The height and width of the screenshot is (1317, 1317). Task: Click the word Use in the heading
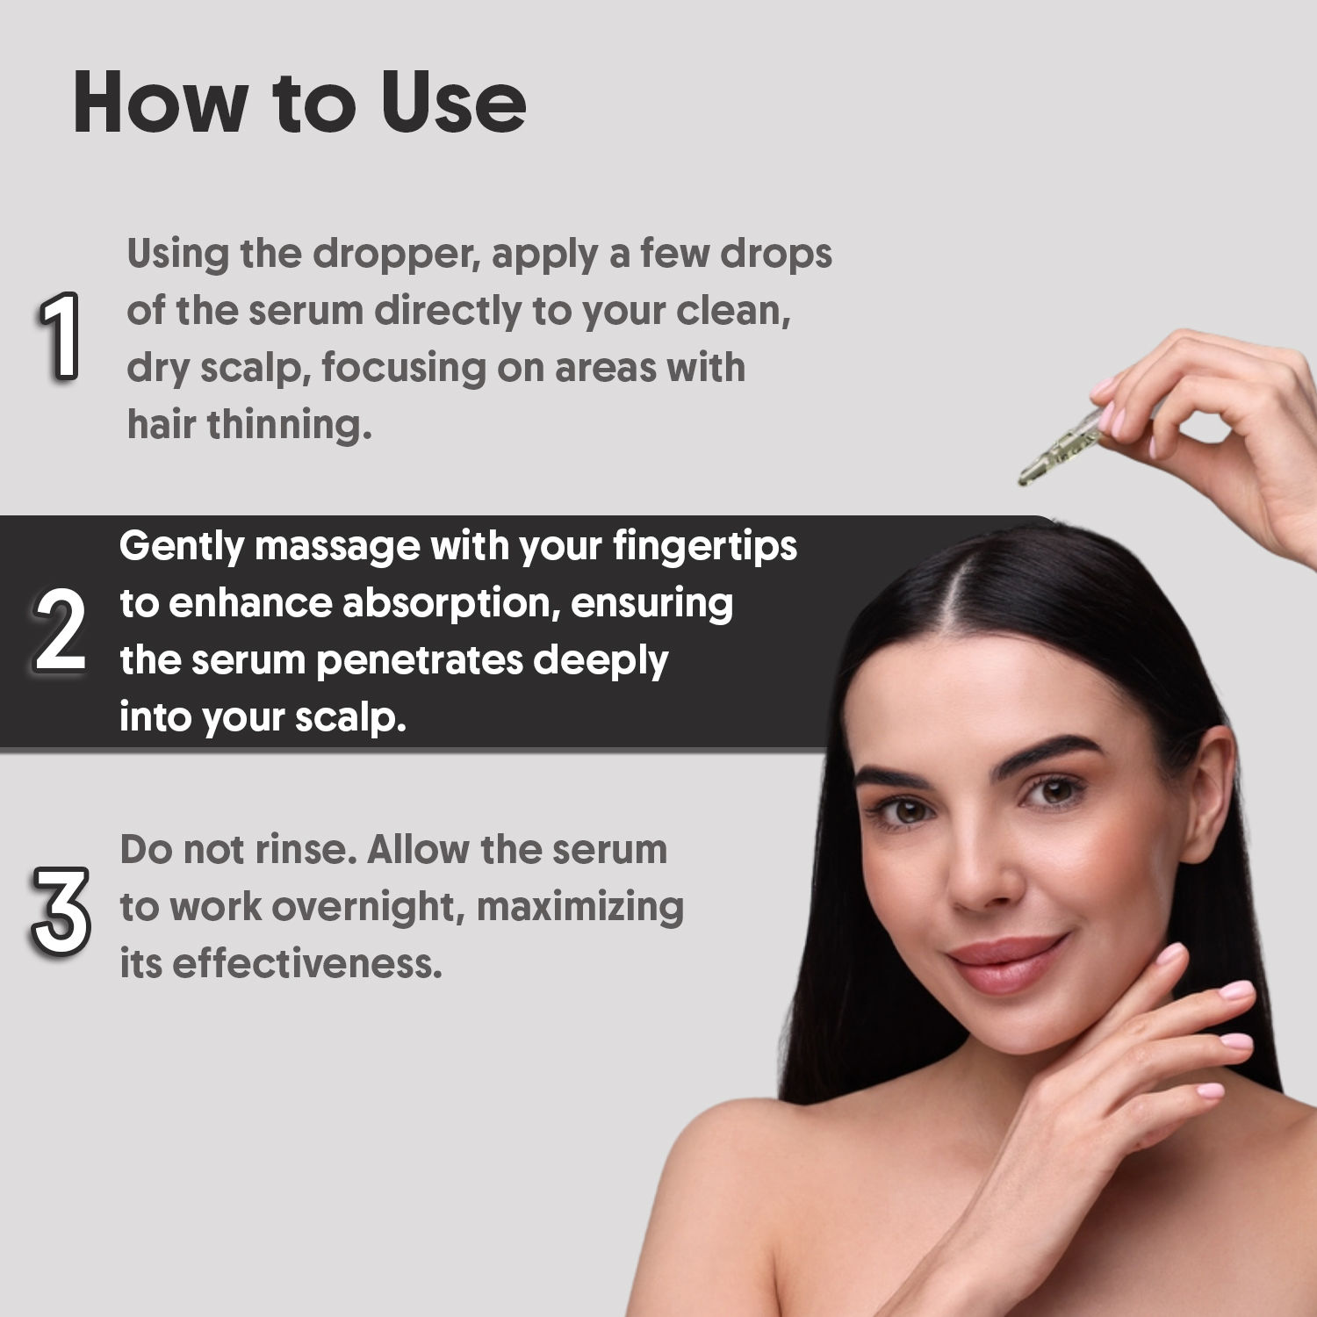[x=453, y=103]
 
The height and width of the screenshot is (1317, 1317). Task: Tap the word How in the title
[x=160, y=103]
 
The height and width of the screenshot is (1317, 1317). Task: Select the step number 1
[x=60, y=336]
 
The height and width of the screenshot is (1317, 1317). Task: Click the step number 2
[x=60, y=630]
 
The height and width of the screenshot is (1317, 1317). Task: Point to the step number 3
[x=61, y=910]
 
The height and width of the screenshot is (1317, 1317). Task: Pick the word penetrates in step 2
[x=418, y=661]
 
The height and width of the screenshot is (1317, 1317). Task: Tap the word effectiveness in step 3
[x=307, y=963]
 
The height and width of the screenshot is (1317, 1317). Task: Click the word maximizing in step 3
[x=580, y=908]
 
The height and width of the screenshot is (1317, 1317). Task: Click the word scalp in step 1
[x=255, y=369]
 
